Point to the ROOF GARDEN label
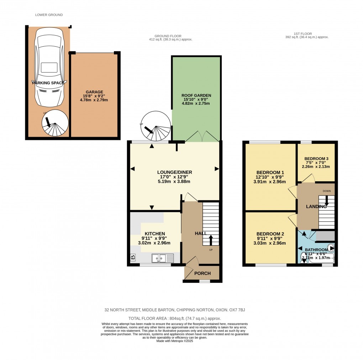click(x=196, y=95)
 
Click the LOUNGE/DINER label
click(x=174, y=172)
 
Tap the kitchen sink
click(x=162, y=258)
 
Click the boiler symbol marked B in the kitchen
click(x=133, y=257)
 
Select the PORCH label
click(x=202, y=273)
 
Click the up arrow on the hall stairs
click(x=211, y=240)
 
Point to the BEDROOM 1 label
click(x=269, y=172)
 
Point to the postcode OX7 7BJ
click(x=233, y=310)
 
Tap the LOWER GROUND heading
click(x=49, y=15)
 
